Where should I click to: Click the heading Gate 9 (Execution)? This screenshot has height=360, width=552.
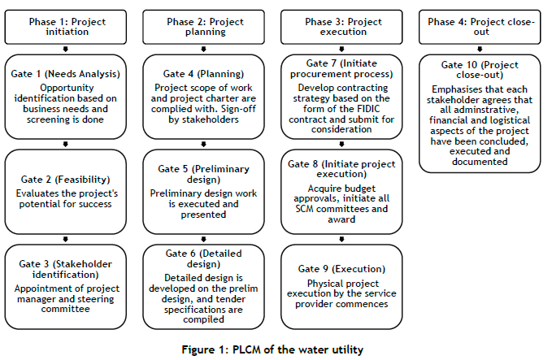click(x=341, y=269)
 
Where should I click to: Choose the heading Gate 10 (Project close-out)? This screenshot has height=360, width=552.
click(x=480, y=69)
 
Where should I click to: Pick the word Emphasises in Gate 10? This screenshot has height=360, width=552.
click(x=453, y=89)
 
